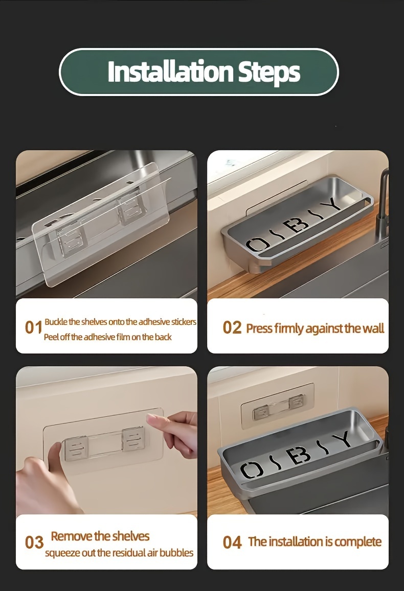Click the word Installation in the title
tap(170, 71)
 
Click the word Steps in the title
tap(270, 73)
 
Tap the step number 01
tap(33, 327)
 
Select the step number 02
tap(232, 327)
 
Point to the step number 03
tap(34, 543)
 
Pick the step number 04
tap(232, 543)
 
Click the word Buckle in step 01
tap(55, 322)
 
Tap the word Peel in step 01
tap(51, 337)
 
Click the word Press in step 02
tap(259, 328)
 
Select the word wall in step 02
tap(373, 328)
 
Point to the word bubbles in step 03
tap(176, 553)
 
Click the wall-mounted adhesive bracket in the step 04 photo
tap(277, 406)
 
